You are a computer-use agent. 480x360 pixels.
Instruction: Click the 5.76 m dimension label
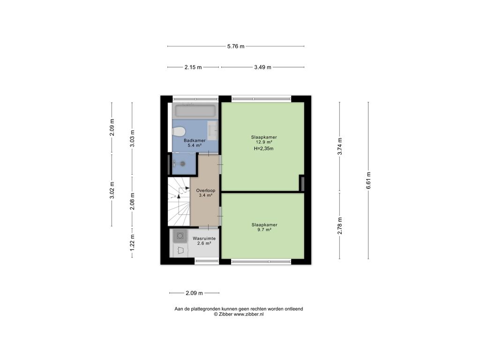236,46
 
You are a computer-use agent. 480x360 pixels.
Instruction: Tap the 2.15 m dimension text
193,67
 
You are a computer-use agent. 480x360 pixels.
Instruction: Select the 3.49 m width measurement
262,67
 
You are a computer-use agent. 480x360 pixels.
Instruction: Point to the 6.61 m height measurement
368,180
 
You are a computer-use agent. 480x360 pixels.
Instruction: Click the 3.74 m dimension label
339,146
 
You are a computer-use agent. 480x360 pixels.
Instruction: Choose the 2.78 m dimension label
339,226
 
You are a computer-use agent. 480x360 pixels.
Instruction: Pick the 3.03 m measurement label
132,139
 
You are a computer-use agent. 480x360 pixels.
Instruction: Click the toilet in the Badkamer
179,132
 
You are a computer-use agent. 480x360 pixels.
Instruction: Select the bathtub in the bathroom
195,111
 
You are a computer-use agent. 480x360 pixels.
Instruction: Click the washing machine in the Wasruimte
180,236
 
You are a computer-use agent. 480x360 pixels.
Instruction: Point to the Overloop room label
206,190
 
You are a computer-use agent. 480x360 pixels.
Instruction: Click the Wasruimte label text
204,239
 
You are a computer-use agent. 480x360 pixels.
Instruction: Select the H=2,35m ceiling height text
263,149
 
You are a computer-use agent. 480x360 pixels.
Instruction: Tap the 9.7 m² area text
264,230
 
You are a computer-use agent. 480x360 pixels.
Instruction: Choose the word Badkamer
195,141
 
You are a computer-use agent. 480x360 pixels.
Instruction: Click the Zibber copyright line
239,314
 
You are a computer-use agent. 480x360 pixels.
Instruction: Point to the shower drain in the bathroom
183,164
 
